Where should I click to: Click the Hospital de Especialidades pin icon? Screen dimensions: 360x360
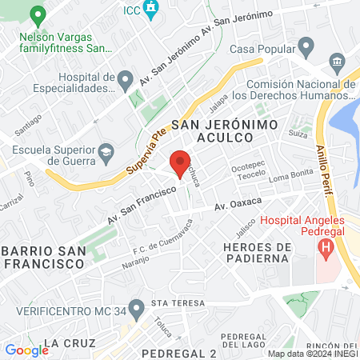(x=125, y=79)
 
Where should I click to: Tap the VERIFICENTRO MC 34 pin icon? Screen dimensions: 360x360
(x=137, y=307)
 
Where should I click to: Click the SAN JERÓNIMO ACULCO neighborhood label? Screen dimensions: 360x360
(x=225, y=133)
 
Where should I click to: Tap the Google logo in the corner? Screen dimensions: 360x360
(x=26, y=350)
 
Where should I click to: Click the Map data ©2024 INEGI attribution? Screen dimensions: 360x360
(x=312, y=354)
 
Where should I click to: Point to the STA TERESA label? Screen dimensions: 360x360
(x=172, y=304)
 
